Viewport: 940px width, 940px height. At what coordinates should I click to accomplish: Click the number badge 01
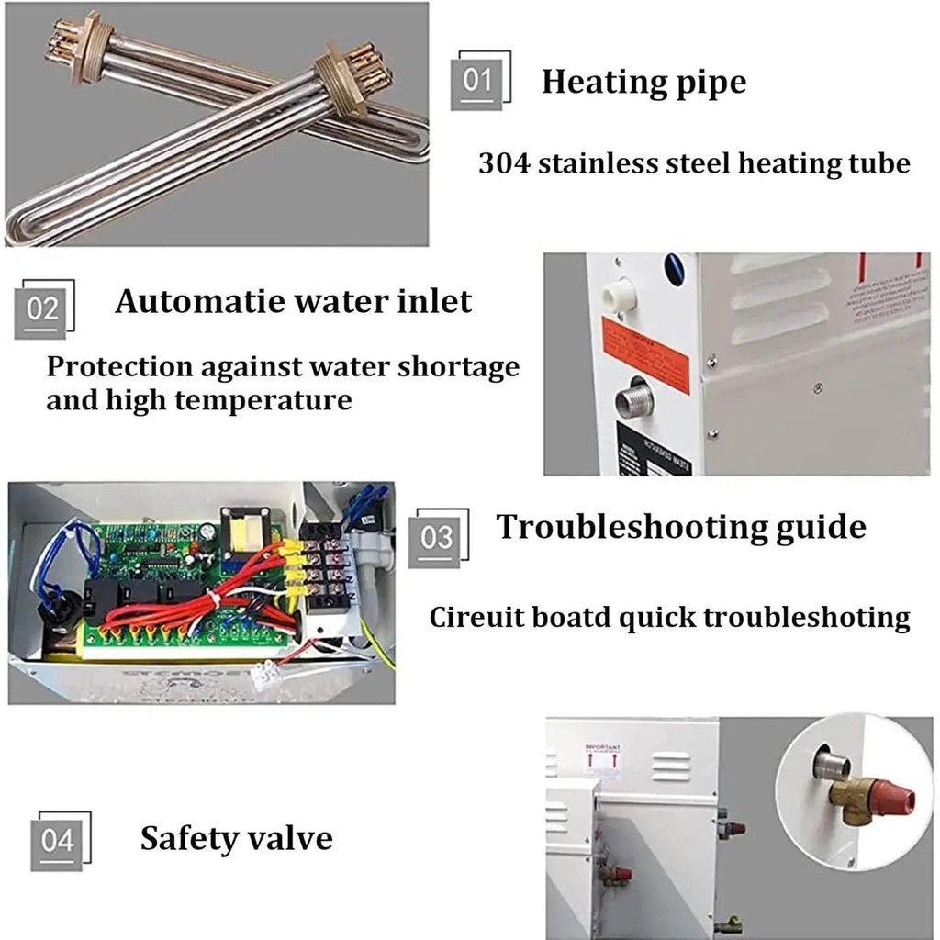(477, 81)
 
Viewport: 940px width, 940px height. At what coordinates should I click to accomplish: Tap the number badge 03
(437, 538)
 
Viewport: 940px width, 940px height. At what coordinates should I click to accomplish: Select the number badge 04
(58, 840)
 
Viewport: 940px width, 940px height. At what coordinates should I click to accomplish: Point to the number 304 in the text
(504, 164)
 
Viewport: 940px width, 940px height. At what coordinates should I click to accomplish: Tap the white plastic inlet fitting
(619, 296)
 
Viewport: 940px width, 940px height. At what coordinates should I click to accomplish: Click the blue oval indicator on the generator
(674, 267)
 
